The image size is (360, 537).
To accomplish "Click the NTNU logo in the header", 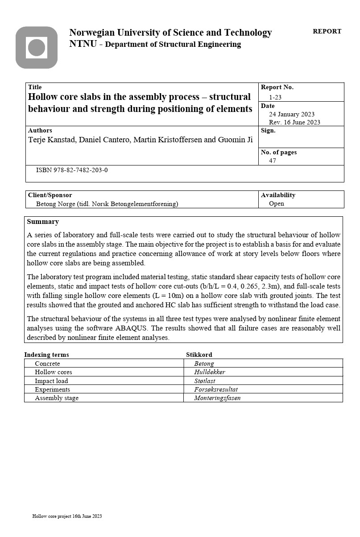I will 37,48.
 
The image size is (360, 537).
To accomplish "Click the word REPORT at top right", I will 327,32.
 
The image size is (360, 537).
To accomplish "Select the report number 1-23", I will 275,97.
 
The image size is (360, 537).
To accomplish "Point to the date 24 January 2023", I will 292,114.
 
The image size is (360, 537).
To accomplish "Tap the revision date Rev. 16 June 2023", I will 294,122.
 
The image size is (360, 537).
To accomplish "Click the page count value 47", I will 273,161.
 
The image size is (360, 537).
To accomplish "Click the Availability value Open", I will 277,203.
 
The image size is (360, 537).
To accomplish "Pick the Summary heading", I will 43,222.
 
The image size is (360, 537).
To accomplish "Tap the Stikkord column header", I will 199,355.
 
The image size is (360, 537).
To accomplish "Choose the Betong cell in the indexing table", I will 204,364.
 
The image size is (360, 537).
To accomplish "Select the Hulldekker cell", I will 209,372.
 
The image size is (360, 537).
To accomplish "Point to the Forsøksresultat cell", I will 216,389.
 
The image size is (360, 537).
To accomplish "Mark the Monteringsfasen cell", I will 217,398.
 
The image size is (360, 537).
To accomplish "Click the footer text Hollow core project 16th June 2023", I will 67,516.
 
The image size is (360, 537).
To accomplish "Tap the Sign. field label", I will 268,131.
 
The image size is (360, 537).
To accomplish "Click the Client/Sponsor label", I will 50,195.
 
